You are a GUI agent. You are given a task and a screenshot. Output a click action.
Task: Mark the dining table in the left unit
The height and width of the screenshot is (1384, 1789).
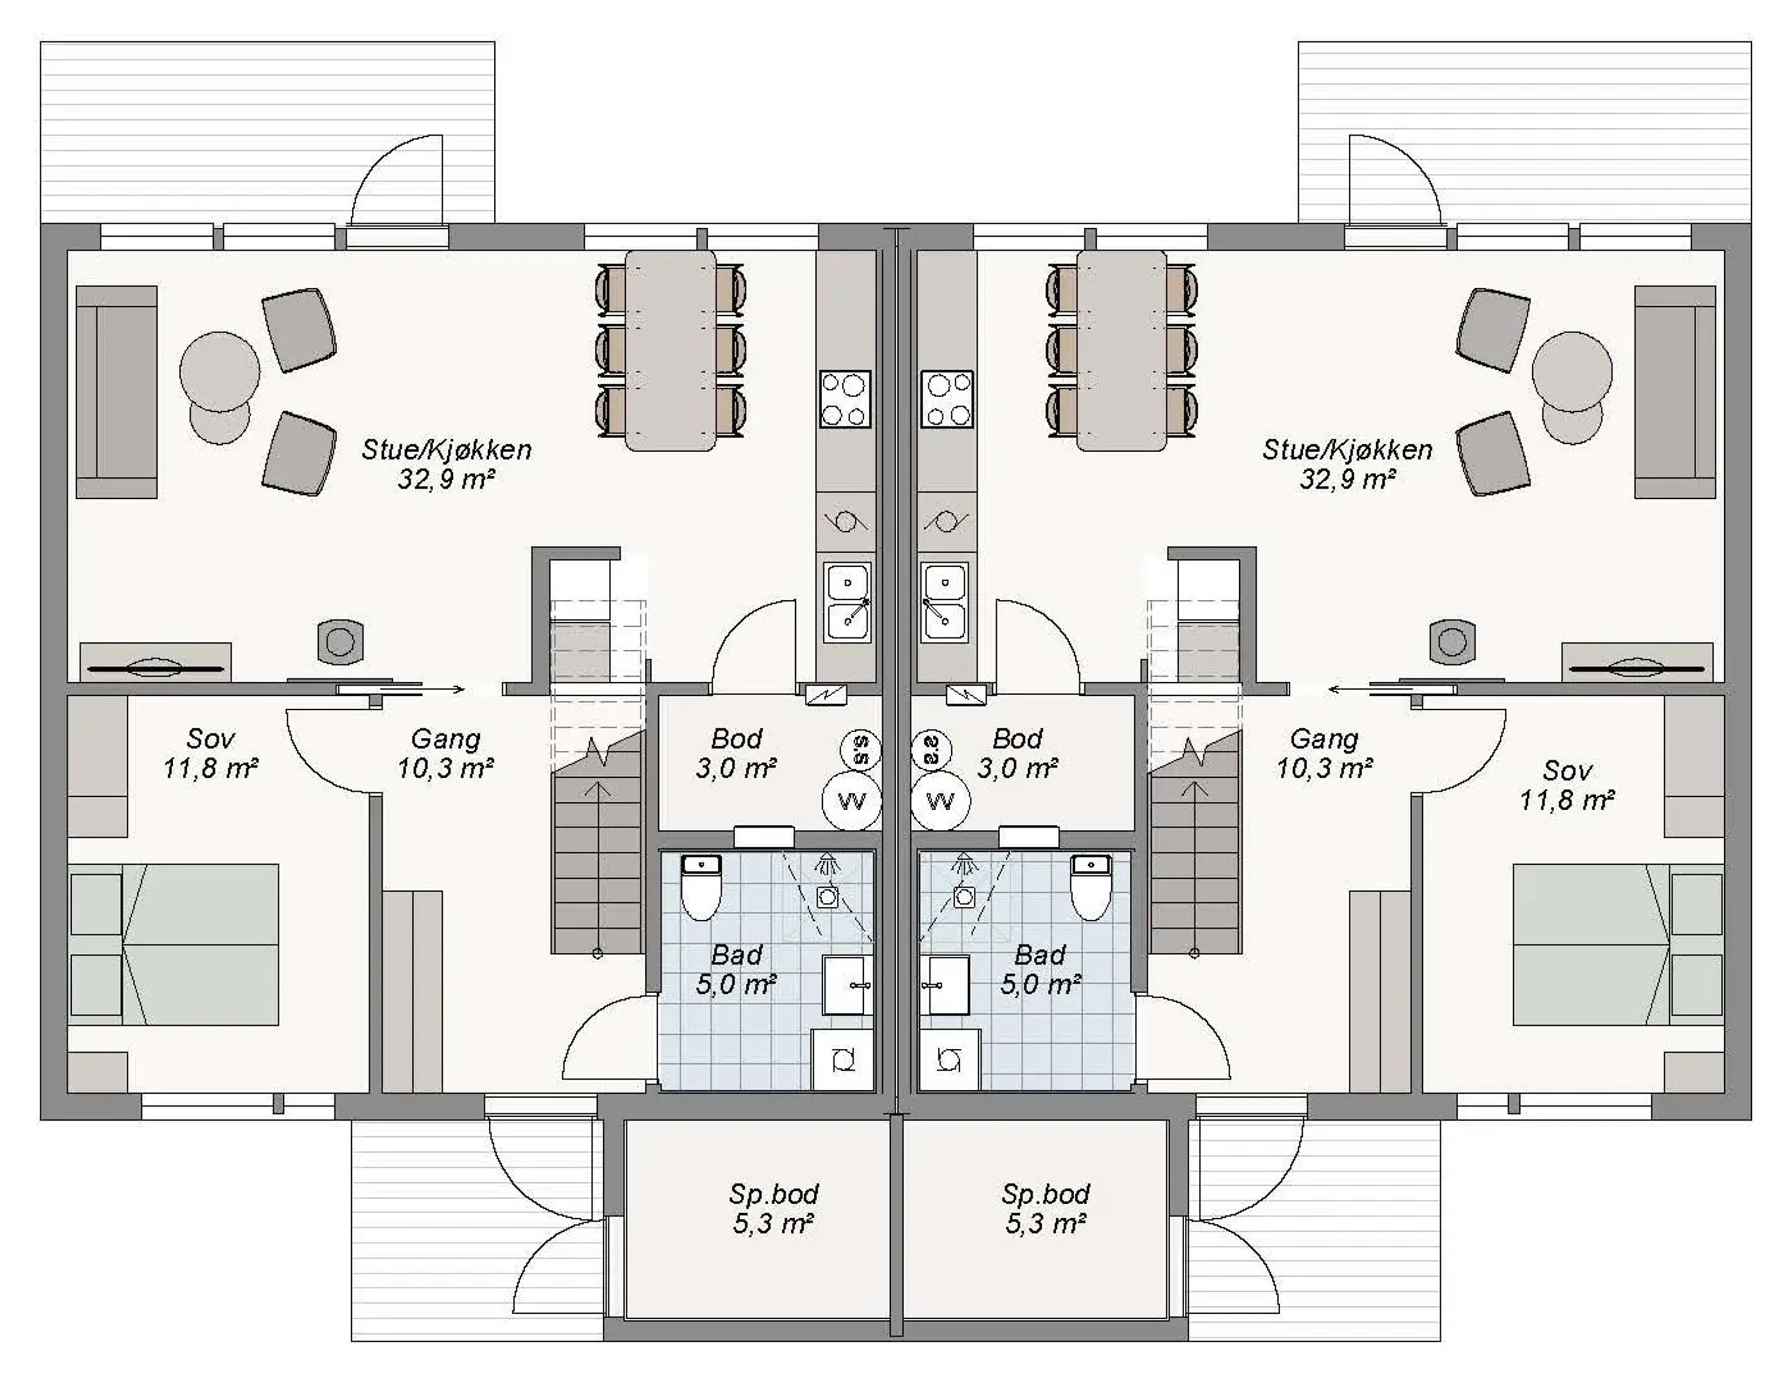tap(670, 351)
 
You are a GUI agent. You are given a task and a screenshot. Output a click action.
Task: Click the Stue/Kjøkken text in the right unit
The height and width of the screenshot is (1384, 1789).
tap(1347, 449)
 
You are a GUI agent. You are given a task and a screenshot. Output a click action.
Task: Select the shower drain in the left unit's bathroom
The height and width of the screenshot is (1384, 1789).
tap(827, 897)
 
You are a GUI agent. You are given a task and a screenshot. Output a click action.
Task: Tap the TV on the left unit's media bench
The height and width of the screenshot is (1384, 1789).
tap(156, 668)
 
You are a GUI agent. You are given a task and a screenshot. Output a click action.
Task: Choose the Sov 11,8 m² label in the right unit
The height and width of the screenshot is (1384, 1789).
tap(1567, 785)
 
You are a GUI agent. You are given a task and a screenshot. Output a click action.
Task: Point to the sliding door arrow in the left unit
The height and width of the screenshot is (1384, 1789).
tap(442, 690)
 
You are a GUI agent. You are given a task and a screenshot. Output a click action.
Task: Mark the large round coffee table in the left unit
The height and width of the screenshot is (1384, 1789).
tap(219, 371)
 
